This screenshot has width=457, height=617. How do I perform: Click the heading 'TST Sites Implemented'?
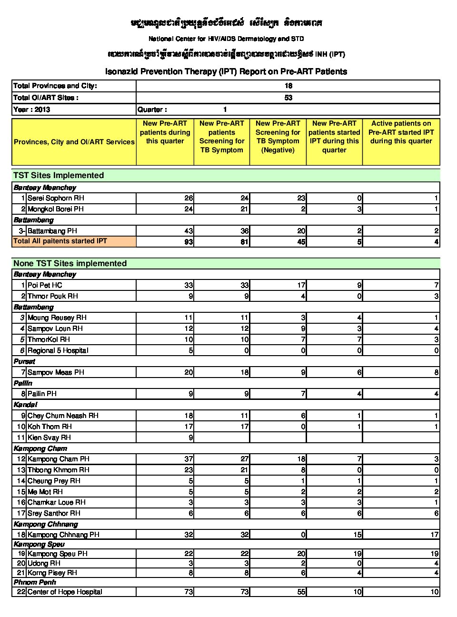coord(59,175)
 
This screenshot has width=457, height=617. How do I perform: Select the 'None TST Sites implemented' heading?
coord(70,263)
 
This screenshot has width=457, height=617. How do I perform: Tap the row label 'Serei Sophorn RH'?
coord(56,198)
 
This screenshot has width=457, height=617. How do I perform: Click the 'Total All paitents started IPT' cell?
coord(60,241)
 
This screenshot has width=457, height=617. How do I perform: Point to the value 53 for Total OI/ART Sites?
coord(288,98)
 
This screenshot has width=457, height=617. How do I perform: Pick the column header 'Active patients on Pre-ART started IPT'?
coord(401,132)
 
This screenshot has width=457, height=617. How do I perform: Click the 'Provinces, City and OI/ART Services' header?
coord(74,142)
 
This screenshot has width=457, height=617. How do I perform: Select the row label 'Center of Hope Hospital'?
coord(65,592)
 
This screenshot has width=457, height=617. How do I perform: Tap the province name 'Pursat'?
coord(24,361)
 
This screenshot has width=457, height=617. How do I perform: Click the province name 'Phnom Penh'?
coord(35,582)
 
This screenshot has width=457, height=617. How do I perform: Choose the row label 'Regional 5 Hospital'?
coord(58,350)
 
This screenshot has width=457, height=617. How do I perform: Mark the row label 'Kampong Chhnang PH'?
coord(63,535)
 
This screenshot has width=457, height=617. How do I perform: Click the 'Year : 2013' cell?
coord(32,109)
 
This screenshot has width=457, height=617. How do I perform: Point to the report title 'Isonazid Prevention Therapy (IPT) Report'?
coord(226,71)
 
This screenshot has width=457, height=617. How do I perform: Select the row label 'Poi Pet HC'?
coord(45,285)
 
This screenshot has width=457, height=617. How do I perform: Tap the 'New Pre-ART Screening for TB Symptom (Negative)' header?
coord(278,137)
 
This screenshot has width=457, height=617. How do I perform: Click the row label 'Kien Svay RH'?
coord(49,438)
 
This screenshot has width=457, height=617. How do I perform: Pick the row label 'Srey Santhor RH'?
coord(54,513)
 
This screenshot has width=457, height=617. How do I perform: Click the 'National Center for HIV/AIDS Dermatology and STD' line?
coord(226,39)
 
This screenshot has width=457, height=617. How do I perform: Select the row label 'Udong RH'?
coord(44,563)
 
